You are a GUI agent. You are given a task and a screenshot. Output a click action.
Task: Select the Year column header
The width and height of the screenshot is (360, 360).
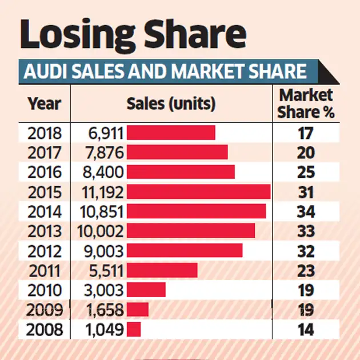(x=44, y=104)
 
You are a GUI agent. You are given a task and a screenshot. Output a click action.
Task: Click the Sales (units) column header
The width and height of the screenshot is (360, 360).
(x=171, y=104)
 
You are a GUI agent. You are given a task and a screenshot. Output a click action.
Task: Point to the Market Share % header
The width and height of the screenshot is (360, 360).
(x=306, y=103)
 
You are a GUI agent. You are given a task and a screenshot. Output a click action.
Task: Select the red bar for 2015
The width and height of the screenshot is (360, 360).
(x=198, y=191)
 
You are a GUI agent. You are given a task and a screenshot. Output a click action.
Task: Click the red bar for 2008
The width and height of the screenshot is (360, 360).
(x=134, y=330)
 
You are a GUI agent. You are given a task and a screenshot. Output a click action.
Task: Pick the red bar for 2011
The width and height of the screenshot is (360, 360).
(x=162, y=270)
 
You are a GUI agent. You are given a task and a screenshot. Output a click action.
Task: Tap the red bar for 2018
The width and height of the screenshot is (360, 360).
(x=171, y=133)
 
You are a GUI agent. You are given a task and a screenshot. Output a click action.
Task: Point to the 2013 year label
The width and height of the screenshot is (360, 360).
(x=45, y=231)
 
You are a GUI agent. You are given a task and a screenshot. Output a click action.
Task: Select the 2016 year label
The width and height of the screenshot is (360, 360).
(x=45, y=172)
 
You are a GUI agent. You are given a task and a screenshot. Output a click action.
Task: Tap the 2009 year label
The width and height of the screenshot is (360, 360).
(x=45, y=310)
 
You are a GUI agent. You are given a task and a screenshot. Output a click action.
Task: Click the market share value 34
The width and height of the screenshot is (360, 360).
(x=306, y=211)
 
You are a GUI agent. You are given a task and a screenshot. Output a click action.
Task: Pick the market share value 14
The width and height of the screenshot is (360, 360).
(x=306, y=330)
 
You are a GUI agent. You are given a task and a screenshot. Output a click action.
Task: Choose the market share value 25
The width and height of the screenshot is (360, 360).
(x=306, y=172)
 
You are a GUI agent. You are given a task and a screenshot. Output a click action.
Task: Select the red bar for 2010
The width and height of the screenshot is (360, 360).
(x=146, y=290)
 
